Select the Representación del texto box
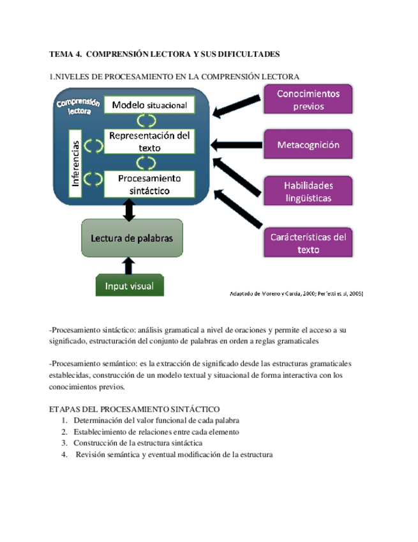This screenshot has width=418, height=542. [x=149, y=142]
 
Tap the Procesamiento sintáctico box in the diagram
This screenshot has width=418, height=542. [x=149, y=183]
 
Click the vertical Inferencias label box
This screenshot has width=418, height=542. [x=75, y=164]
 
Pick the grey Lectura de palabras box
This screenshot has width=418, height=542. [x=131, y=238]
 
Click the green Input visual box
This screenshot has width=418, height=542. [x=129, y=285]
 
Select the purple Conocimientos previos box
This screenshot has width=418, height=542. [x=308, y=100]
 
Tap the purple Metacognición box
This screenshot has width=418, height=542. [x=308, y=144]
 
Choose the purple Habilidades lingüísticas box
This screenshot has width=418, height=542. [x=308, y=191]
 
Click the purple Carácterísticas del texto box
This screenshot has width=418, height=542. [x=308, y=243]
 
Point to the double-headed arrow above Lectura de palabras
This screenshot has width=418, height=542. [x=130, y=209]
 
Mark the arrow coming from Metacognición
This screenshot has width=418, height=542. [x=237, y=144]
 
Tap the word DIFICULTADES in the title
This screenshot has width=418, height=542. [x=246, y=54]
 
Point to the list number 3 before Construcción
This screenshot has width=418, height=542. [x=64, y=443]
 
